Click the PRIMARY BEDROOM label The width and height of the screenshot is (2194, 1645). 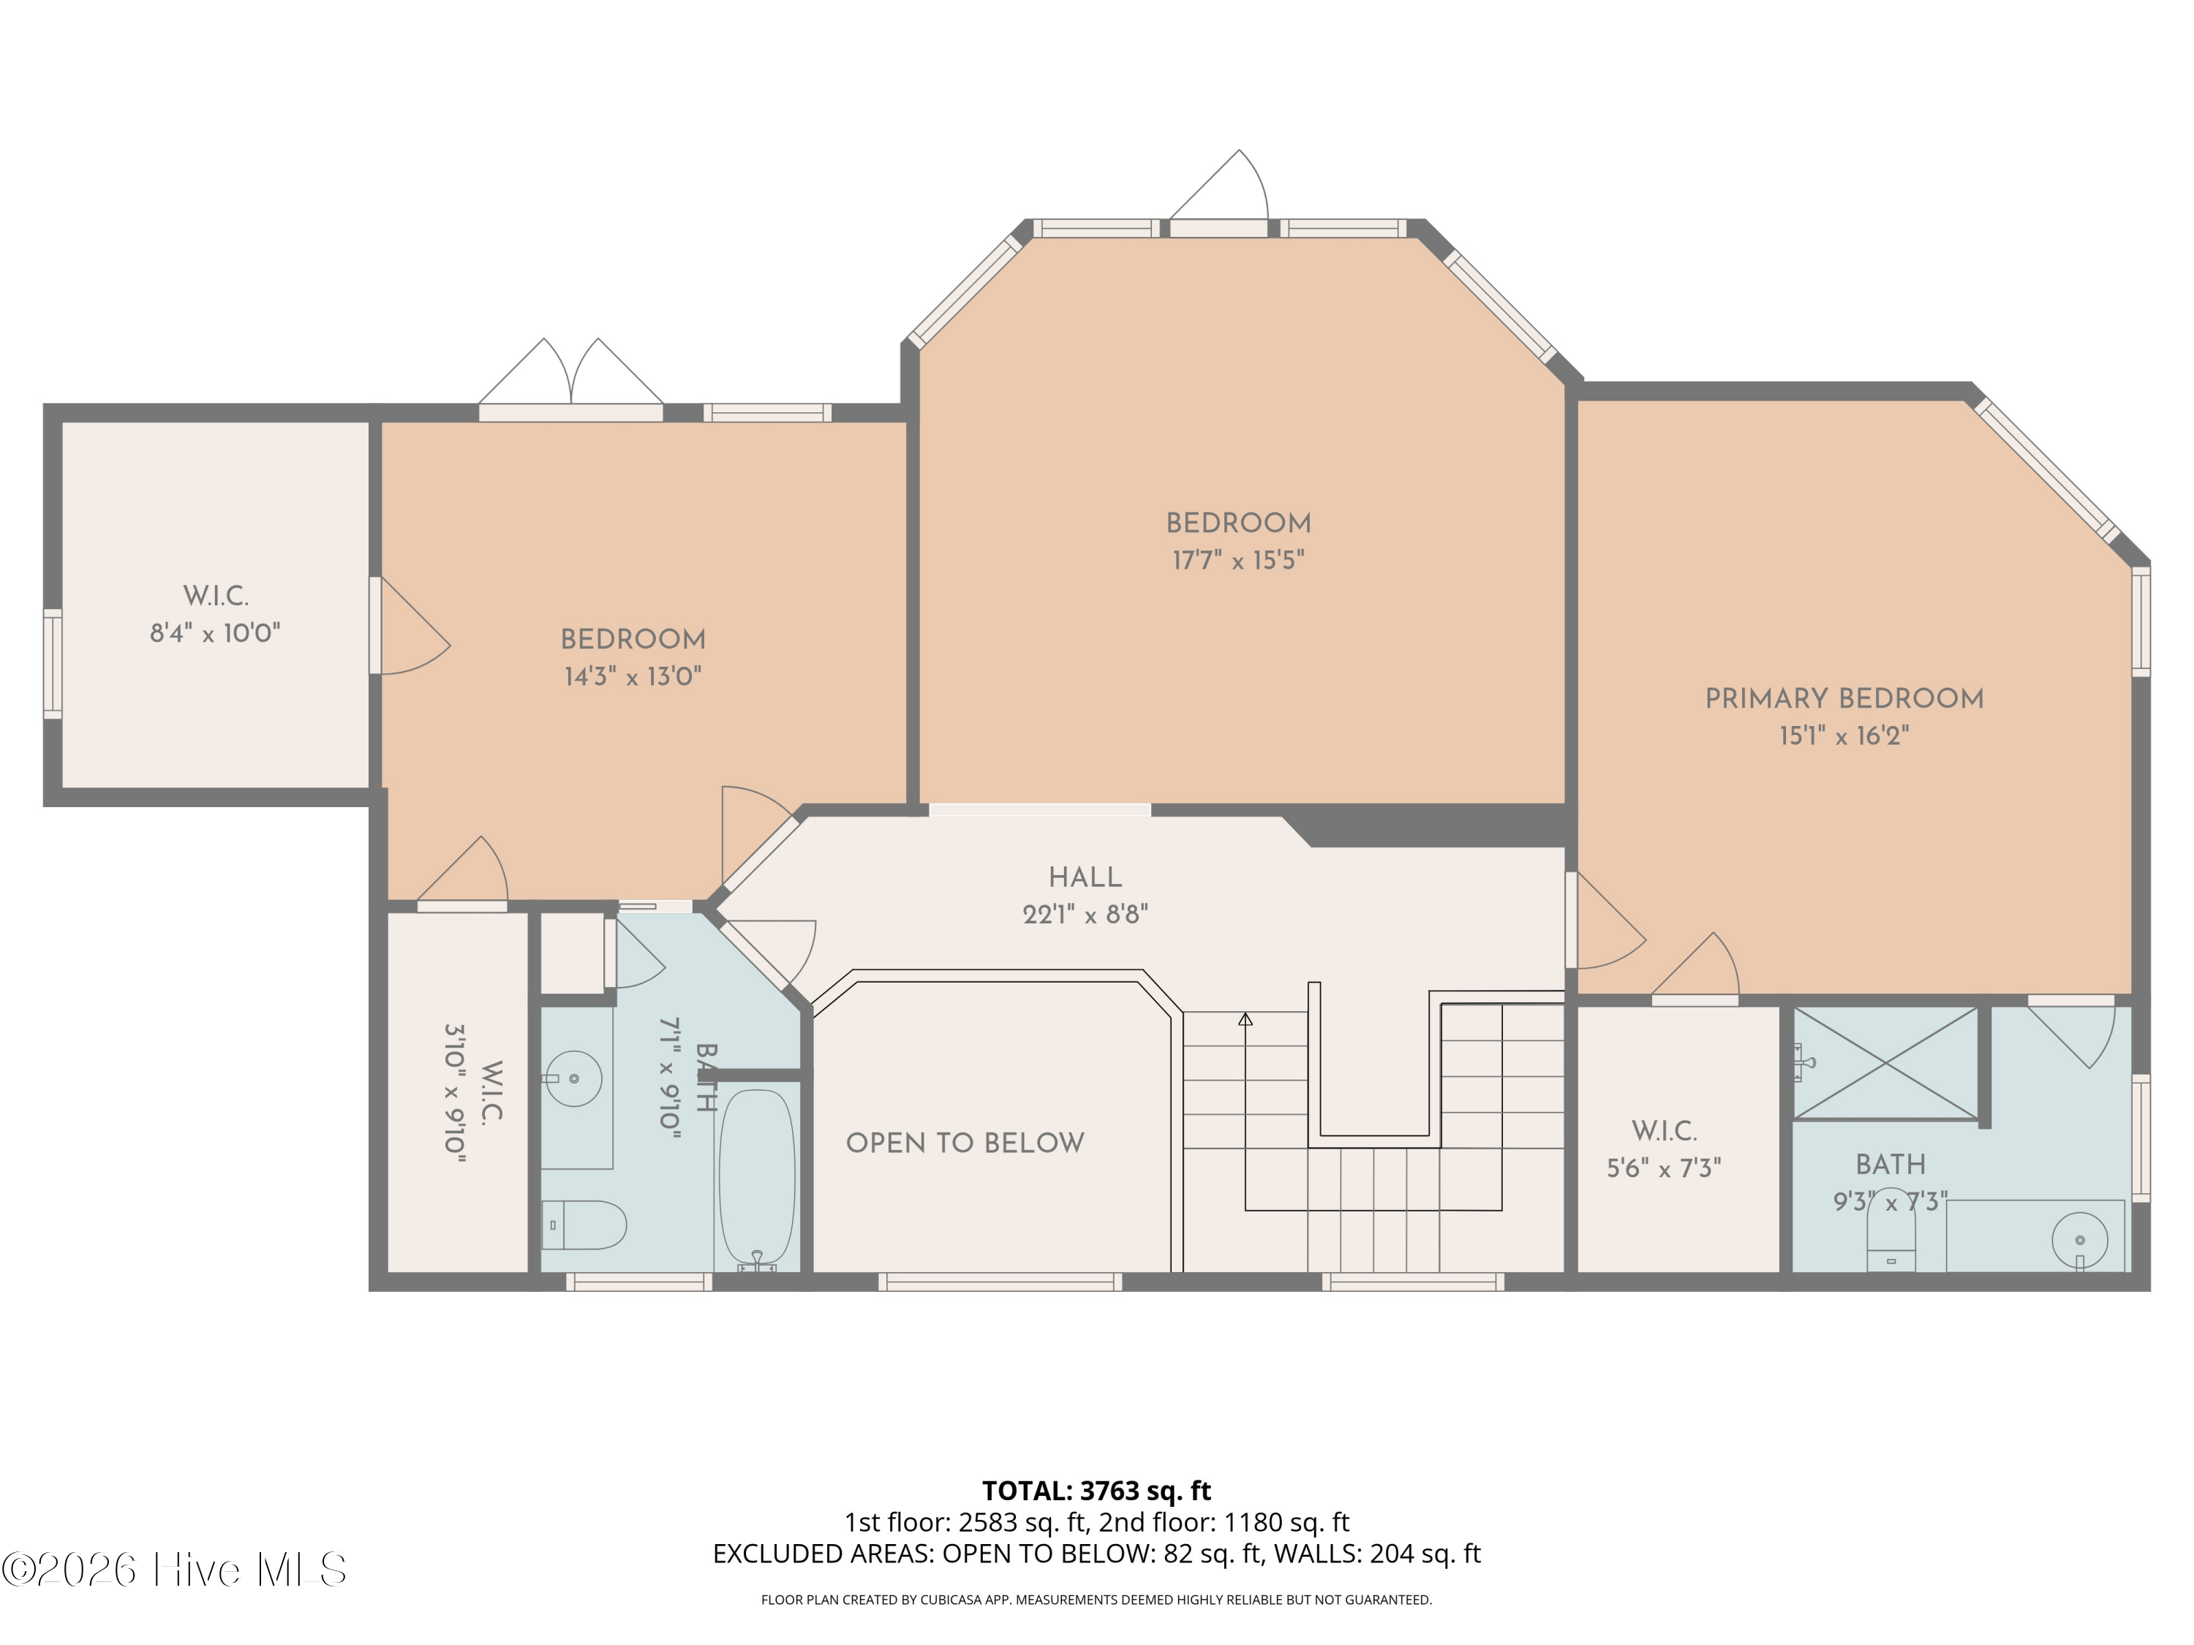tap(1844, 698)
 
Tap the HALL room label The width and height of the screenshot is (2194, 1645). tap(1085, 877)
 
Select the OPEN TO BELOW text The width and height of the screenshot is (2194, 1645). tap(965, 1142)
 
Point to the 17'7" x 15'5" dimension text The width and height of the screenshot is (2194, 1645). tap(1238, 560)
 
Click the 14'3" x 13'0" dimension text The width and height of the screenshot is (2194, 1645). tap(633, 676)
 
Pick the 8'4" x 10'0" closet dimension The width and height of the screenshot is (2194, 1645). tap(215, 632)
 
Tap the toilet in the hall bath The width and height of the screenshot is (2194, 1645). tap(584, 1225)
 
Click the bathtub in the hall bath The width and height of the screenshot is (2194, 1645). tap(757, 1180)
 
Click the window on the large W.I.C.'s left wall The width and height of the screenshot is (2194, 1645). tap(53, 663)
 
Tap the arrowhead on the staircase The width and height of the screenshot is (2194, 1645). tap(1245, 1018)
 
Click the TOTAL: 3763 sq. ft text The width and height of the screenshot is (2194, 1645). tap(1096, 1490)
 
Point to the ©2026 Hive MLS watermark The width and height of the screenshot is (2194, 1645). tap(175, 1569)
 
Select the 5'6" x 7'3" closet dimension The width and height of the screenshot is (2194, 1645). tap(1663, 1168)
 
